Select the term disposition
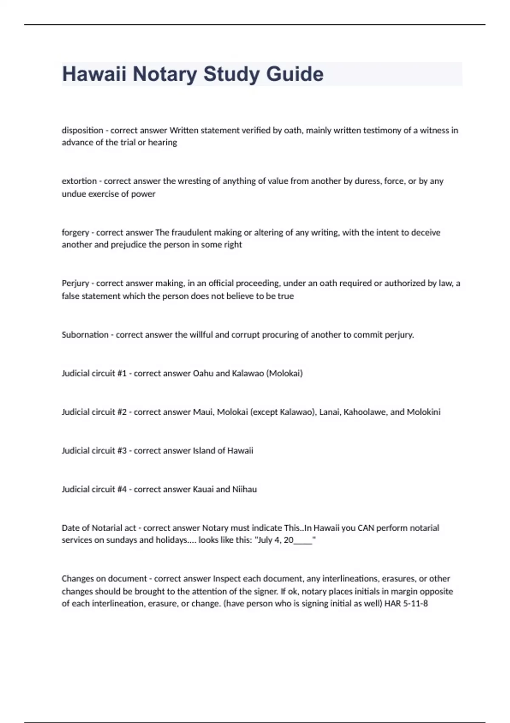click(82, 130)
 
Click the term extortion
click(79, 181)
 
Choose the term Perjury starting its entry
click(75, 283)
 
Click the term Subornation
click(85, 335)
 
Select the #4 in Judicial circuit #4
click(122, 489)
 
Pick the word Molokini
click(424, 412)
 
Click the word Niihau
click(244, 489)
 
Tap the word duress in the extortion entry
click(367, 181)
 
